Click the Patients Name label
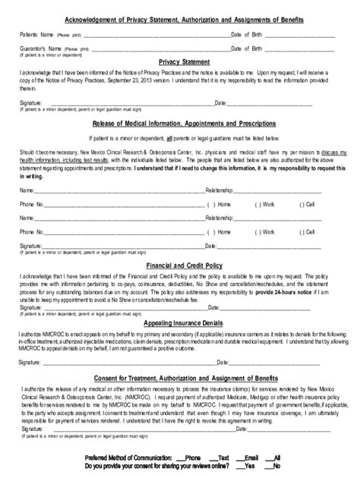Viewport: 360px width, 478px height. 36,35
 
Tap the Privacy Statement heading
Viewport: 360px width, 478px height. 179,62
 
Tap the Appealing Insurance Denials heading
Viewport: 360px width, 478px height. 179,322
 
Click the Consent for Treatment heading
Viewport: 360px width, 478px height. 179,379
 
